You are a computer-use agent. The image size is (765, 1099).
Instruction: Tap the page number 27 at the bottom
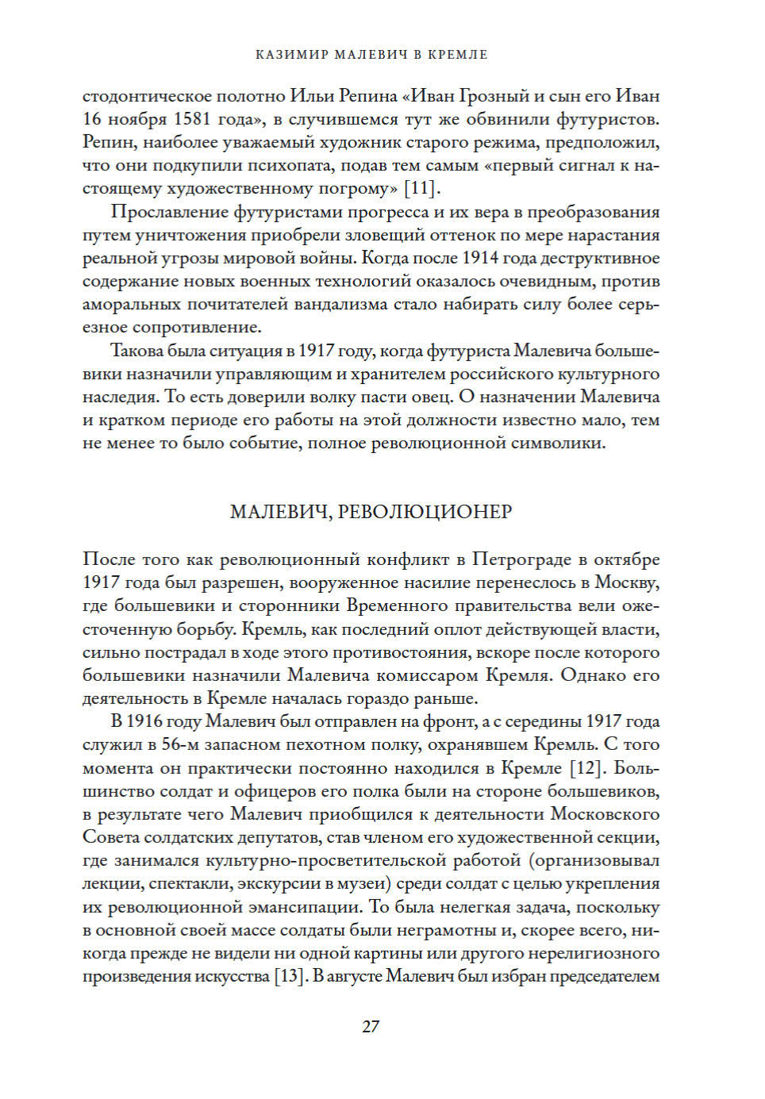point(371,1026)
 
